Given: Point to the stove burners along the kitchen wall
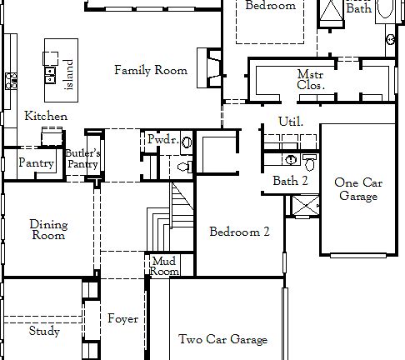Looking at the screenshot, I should point(11,81).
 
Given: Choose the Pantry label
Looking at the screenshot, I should point(37,163).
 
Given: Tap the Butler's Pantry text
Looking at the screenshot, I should point(83,159).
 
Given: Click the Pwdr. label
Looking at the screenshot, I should point(162,140).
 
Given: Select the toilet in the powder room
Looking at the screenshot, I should point(185,167).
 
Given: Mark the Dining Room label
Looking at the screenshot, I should point(47,229).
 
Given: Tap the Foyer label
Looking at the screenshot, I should point(122,318).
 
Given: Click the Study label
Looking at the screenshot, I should point(44,331).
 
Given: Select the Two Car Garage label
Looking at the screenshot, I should point(222,339).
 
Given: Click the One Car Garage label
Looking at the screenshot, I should point(357,189).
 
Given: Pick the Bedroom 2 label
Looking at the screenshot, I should point(239,232).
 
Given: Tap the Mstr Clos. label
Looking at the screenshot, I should point(309,79).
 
